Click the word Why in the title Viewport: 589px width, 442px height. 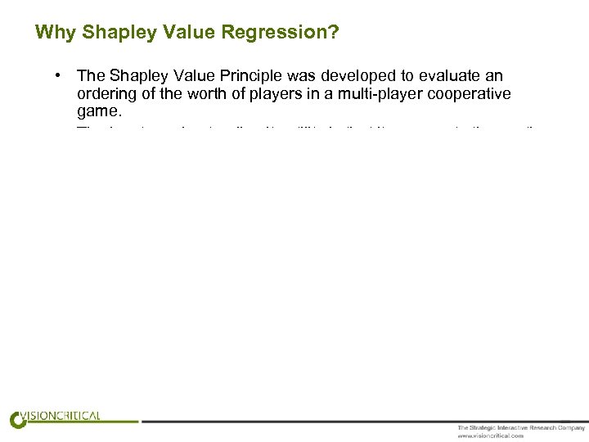tap(52, 33)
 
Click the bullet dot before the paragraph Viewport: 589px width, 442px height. tap(59, 76)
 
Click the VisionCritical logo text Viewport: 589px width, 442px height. tap(65, 416)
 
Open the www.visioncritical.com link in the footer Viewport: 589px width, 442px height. tap(490, 435)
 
